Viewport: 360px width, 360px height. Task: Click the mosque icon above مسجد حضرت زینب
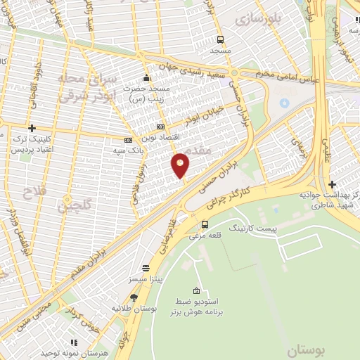[x=146, y=77]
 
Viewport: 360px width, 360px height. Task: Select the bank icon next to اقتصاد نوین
[x=160, y=127]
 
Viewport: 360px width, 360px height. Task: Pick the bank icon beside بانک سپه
[x=127, y=139]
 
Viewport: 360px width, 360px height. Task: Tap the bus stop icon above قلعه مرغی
[x=205, y=225]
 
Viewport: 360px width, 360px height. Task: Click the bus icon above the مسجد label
[x=220, y=39]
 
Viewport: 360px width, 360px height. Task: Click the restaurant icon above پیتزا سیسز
[x=146, y=268]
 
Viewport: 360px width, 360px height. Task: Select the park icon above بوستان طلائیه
[x=134, y=297]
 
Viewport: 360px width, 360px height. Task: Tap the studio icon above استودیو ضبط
[x=196, y=291]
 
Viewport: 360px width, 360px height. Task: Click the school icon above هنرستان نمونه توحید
[x=74, y=342]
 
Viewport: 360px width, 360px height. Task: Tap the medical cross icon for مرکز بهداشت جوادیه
[x=332, y=185]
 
